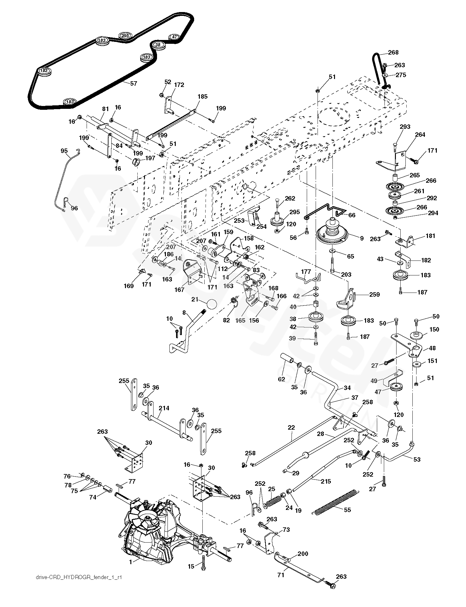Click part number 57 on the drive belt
pyautogui.click(x=134, y=83)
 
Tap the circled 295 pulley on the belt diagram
pyautogui.click(x=125, y=36)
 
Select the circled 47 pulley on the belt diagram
pyautogui.click(x=174, y=37)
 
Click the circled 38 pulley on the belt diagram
pyautogui.click(x=159, y=44)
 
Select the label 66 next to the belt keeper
pyautogui.click(x=351, y=215)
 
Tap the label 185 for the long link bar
pyautogui.click(x=202, y=96)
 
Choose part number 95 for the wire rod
pyautogui.click(x=64, y=151)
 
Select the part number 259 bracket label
pyautogui.click(x=374, y=294)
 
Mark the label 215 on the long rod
pyautogui.click(x=326, y=481)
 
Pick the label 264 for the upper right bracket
pyautogui.click(x=420, y=135)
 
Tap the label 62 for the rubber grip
pyautogui.click(x=281, y=379)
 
